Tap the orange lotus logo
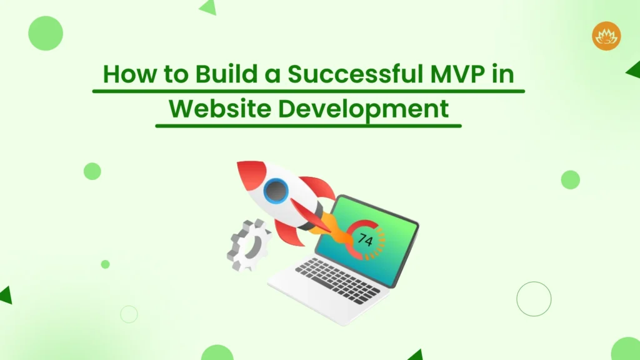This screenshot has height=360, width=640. coord(606,36)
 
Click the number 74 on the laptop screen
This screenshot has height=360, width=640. coord(366,239)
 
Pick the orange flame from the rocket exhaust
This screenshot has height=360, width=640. coord(341,234)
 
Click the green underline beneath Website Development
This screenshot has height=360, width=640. coord(308,126)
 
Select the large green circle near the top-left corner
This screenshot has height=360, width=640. coord(46,33)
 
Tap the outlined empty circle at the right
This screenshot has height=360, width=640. coord(534,298)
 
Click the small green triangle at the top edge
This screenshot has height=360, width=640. coord(208,7)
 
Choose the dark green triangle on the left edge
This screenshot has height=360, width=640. coord(6,295)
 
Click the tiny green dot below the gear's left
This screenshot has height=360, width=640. coord(105,264)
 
